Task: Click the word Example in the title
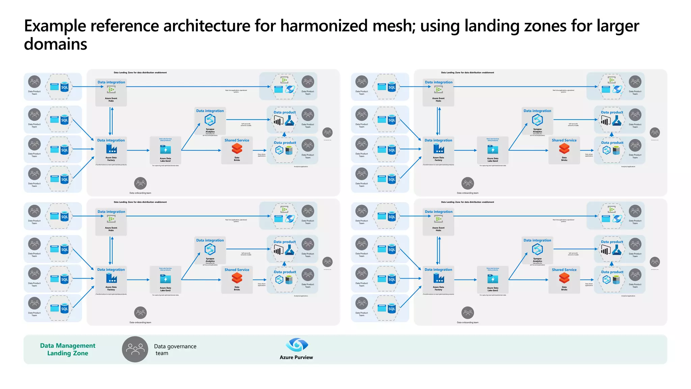(55, 26)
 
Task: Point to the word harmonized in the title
(324, 26)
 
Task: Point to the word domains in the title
(56, 44)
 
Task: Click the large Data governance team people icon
(135, 349)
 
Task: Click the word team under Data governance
(162, 353)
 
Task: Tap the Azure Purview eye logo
(296, 345)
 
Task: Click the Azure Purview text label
(296, 357)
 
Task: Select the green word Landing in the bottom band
(59, 353)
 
